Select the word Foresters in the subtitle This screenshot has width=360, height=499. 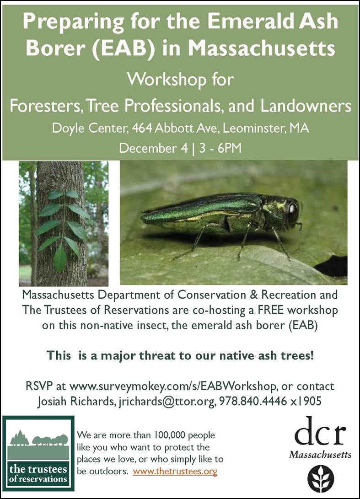point(43,106)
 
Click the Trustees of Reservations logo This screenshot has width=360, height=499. point(38,453)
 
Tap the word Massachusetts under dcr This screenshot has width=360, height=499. point(320,455)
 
